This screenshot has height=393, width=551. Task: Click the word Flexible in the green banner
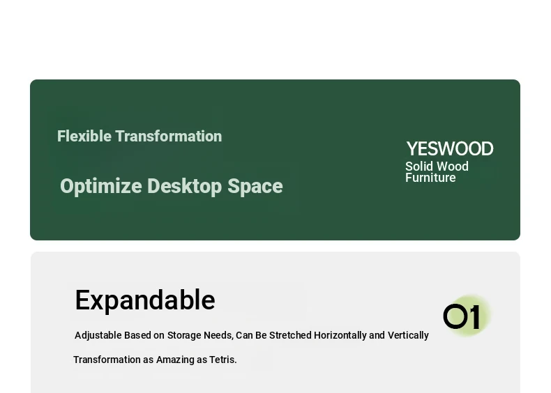click(x=84, y=137)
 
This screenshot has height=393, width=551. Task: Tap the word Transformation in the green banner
click(x=169, y=137)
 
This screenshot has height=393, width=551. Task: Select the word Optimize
click(x=101, y=187)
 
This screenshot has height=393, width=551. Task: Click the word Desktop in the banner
click(x=185, y=187)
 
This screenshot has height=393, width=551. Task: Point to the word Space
click(x=255, y=187)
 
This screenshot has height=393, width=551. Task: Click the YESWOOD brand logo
click(x=450, y=148)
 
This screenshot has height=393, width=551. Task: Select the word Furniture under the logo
click(x=430, y=178)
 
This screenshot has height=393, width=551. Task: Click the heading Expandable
click(x=145, y=300)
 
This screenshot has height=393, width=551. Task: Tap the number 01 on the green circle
click(x=462, y=317)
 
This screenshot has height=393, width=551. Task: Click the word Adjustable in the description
click(x=98, y=336)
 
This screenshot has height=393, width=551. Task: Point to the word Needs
click(x=218, y=336)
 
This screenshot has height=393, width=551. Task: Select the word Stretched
click(x=290, y=335)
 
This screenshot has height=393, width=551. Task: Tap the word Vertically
click(x=408, y=336)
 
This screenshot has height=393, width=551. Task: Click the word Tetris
click(x=222, y=360)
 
